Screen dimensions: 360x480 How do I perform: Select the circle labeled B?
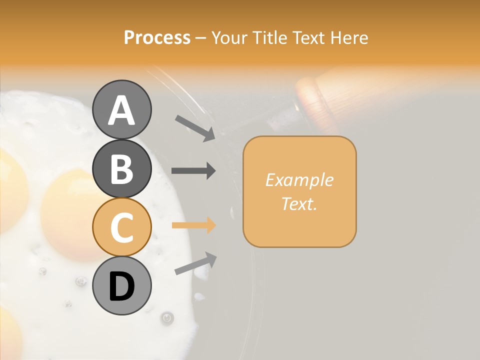(122, 168)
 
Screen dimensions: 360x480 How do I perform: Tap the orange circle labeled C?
(122, 227)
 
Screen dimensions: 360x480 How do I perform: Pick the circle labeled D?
(122, 285)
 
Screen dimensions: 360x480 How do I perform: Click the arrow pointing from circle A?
(195, 128)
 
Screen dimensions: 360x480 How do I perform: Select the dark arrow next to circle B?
(193, 170)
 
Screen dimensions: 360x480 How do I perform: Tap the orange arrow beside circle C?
(193, 225)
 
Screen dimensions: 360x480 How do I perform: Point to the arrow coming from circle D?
(195, 264)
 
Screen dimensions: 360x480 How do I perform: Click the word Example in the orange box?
(299, 180)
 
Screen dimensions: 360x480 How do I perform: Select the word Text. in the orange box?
(299, 203)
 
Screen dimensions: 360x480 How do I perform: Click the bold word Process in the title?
(157, 37)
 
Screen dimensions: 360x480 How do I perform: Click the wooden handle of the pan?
(325, 97)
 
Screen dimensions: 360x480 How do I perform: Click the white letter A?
(122, 110)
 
